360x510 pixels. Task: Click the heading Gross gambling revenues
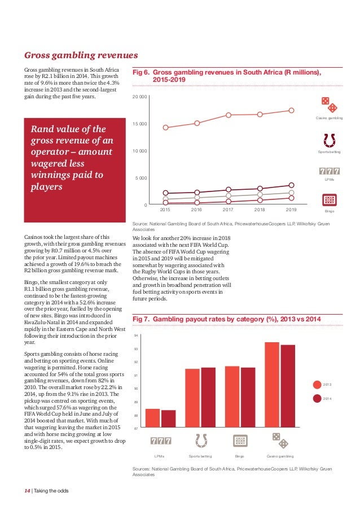coord(81,55)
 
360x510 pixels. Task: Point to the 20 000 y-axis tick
coord(140,97)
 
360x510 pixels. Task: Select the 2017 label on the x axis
coord(229,210)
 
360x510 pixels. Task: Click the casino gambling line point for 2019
coord(292,110)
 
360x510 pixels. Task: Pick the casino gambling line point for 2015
coord(165,127)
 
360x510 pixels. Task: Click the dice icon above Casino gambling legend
coord(329,104)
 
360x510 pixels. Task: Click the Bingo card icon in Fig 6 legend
coord(329,200)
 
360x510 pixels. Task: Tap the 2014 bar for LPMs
coord(169,418)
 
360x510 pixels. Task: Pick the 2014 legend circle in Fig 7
coord(317,398)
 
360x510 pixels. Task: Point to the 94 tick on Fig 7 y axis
coord(136,336)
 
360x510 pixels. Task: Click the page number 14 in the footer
coord(27,490)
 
